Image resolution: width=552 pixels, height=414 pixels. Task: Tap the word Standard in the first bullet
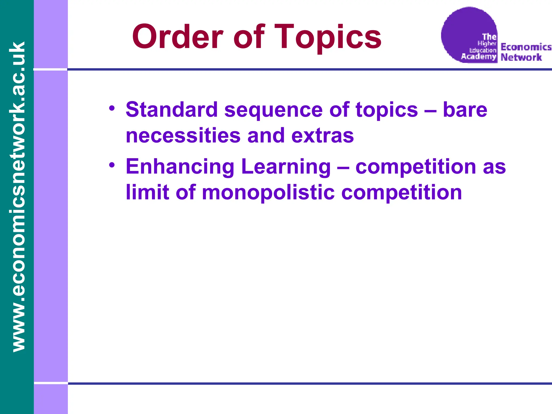pos(172,110)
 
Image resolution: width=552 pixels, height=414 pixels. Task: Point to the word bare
pos(465,110)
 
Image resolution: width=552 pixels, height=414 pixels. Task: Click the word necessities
pos(183,136)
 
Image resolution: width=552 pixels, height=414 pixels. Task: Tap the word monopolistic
pos(268,193)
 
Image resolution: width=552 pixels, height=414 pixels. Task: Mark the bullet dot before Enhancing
pos(112,165)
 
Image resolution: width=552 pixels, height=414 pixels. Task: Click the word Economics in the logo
pos(526,47)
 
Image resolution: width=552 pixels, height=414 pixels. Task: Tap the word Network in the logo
pos(521,57)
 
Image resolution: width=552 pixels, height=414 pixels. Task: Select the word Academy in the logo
pos(478,57)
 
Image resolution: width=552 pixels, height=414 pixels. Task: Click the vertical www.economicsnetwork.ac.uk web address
pos(17,197)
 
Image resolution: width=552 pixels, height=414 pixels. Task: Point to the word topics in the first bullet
pos(387,110)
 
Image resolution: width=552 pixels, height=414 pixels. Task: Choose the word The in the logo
pos(489,37)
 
